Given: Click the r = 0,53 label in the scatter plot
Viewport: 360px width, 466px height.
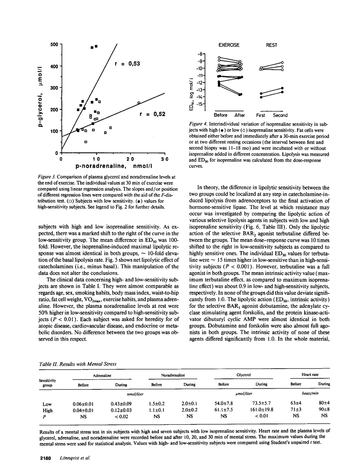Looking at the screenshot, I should pyautogui.click(x=127, y=64).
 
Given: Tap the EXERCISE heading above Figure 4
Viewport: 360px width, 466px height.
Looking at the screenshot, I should pyautogui.click(x=229, y=45).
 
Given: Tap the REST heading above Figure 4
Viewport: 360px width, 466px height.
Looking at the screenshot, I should pyautogui.click(x=271, y=45).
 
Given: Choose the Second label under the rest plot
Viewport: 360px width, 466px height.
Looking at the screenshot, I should pyautogui.click(x=280, y=115).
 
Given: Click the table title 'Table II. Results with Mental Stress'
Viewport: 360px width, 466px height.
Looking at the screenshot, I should pyautogui.click(x=77, y=364).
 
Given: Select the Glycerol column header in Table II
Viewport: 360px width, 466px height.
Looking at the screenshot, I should pyautogui.click(x=244, y=375).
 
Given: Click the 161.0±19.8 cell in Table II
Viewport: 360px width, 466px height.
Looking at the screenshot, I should pyautogui.click(x=261, y=410).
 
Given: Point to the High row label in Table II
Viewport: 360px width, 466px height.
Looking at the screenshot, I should pyautogui.click(x=47, y=410).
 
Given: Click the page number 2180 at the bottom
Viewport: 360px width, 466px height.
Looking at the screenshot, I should pyautogui.click(x=46, y=458).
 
